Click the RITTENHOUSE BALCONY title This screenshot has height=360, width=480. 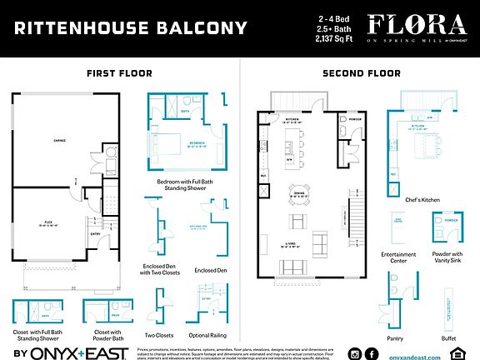(x=131, y=29)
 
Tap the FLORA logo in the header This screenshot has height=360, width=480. (x=408, y=24)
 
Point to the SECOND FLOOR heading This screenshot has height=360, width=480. (x=361, y=73)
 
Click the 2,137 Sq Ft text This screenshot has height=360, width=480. (x=333, y=38)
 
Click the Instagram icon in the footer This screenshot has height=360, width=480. (x=356, y=353)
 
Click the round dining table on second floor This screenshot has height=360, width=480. (x=297, y=189)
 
